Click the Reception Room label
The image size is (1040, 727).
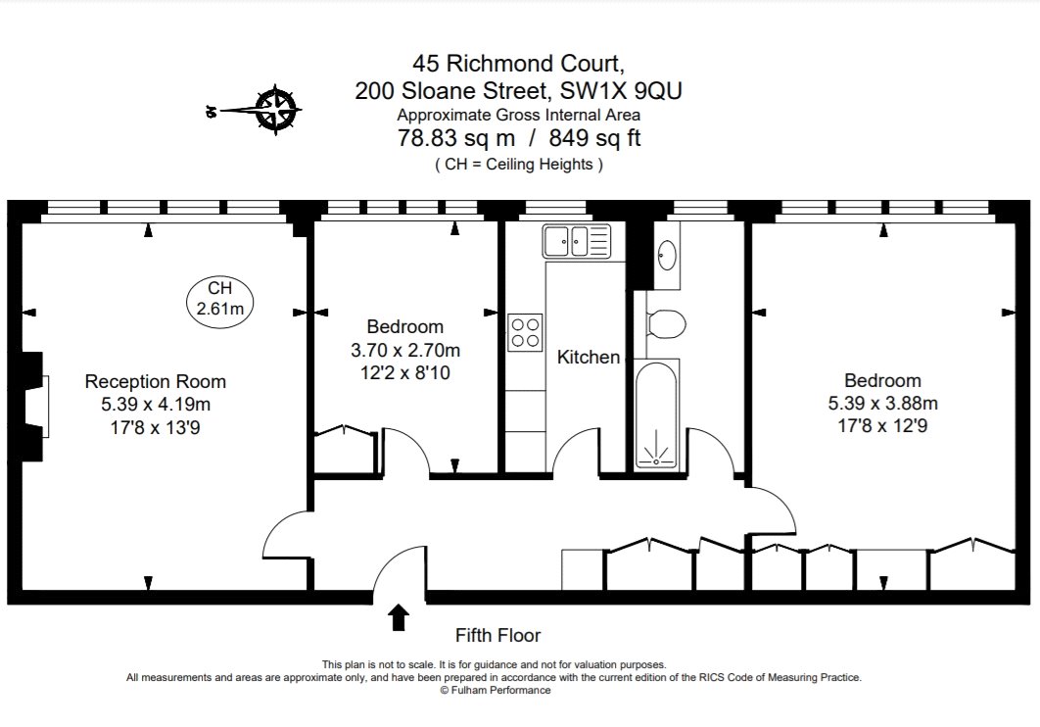point(156,381)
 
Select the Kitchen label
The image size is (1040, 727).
point(589,358)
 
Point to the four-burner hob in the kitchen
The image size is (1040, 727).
point(525,330)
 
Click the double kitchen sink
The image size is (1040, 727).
point(577,241)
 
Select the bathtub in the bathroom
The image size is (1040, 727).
point(657,414)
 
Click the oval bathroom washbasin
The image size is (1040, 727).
point(667,255)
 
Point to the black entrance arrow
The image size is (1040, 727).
point(399,617)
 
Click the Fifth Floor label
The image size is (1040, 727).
point(498,635)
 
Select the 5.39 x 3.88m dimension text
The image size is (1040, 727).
point(883,403)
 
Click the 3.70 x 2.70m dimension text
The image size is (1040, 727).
point(405,350)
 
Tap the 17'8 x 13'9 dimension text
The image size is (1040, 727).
point(156,427)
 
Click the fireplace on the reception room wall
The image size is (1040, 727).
point(35,406)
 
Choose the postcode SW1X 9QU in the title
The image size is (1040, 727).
point(620,91)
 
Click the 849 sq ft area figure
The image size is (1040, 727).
point(594,139)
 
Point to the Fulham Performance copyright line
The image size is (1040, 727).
point(496,690)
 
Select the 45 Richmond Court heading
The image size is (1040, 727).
point(519,64)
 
